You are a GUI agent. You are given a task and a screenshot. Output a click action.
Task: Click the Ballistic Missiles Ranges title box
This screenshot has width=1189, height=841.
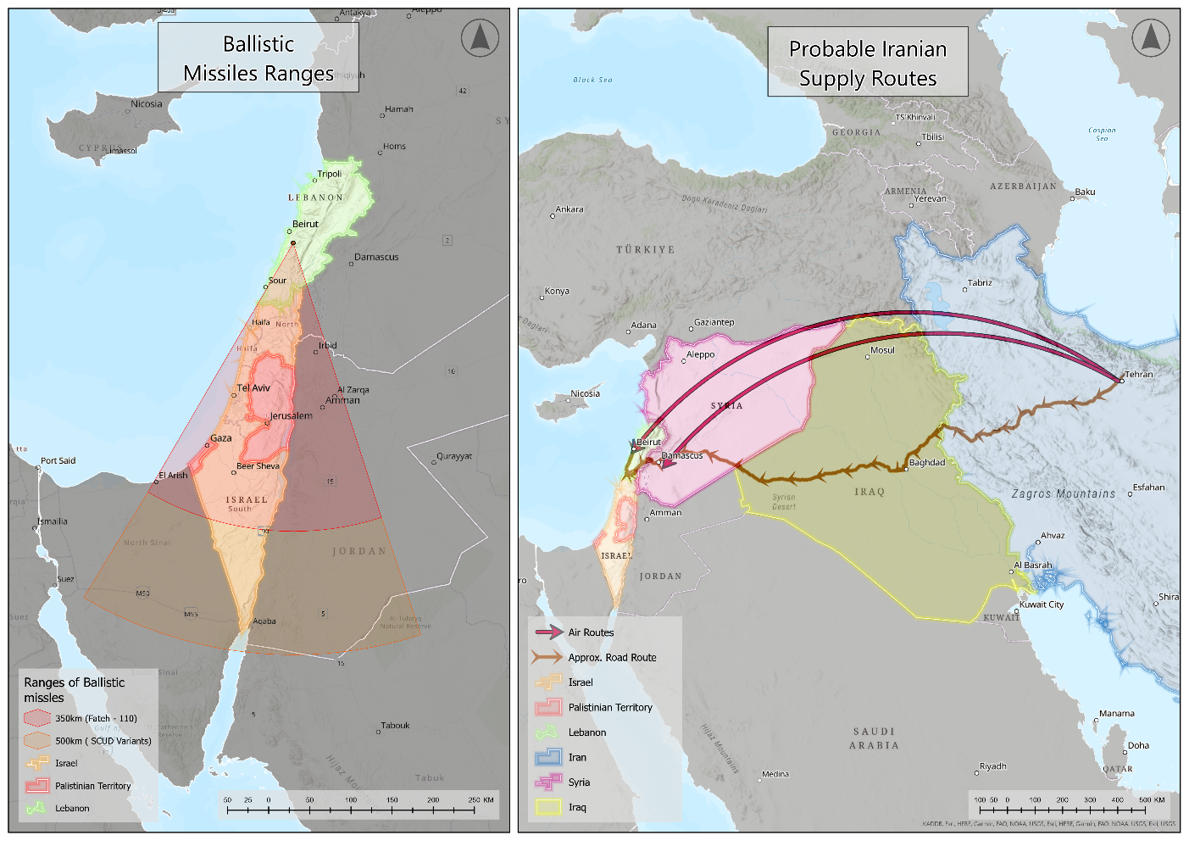coord(258,58)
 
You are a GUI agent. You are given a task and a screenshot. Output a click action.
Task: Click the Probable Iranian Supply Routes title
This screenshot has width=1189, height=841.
coord(868,64)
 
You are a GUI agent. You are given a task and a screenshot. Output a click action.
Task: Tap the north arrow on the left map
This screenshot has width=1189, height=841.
coord(480,38)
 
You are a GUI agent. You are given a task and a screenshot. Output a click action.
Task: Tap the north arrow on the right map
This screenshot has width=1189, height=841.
coord(1150,38)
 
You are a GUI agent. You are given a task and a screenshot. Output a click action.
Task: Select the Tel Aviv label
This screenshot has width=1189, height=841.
coord(253,388)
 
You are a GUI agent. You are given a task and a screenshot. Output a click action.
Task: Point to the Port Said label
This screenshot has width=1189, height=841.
coord(58,461)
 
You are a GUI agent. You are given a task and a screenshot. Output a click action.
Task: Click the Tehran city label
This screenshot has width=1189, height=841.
coord(1138,374)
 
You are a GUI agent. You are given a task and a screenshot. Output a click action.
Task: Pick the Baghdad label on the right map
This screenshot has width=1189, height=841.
coord(926,463)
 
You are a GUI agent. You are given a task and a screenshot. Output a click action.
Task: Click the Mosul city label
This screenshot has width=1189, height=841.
coord(882,350)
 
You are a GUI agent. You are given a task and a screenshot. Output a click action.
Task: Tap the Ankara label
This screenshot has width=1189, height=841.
coord(569,209)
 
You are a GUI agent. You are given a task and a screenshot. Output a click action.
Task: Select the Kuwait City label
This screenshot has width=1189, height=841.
coord(1042,604)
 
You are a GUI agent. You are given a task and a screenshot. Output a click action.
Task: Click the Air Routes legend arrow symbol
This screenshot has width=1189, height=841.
coord(548,632)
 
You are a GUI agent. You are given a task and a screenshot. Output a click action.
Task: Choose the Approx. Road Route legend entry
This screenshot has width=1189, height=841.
coord(612,658)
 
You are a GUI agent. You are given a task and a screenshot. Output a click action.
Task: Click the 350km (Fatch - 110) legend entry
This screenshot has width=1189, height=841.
coord(96,718)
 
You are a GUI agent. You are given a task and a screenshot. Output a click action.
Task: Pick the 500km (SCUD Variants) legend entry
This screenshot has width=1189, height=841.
coord(103,741)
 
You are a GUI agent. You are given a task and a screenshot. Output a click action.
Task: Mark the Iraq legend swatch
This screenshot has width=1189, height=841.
coord(548,807)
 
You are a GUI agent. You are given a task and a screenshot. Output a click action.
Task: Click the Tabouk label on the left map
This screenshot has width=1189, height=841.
coord(395,726)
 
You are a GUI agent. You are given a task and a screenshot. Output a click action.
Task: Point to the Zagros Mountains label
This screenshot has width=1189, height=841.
coord(1064,493)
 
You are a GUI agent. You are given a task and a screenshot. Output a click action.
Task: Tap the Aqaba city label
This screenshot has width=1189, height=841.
coord(264,621)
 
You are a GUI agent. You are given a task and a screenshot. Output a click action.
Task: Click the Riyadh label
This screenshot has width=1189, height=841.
coord(992,766)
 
